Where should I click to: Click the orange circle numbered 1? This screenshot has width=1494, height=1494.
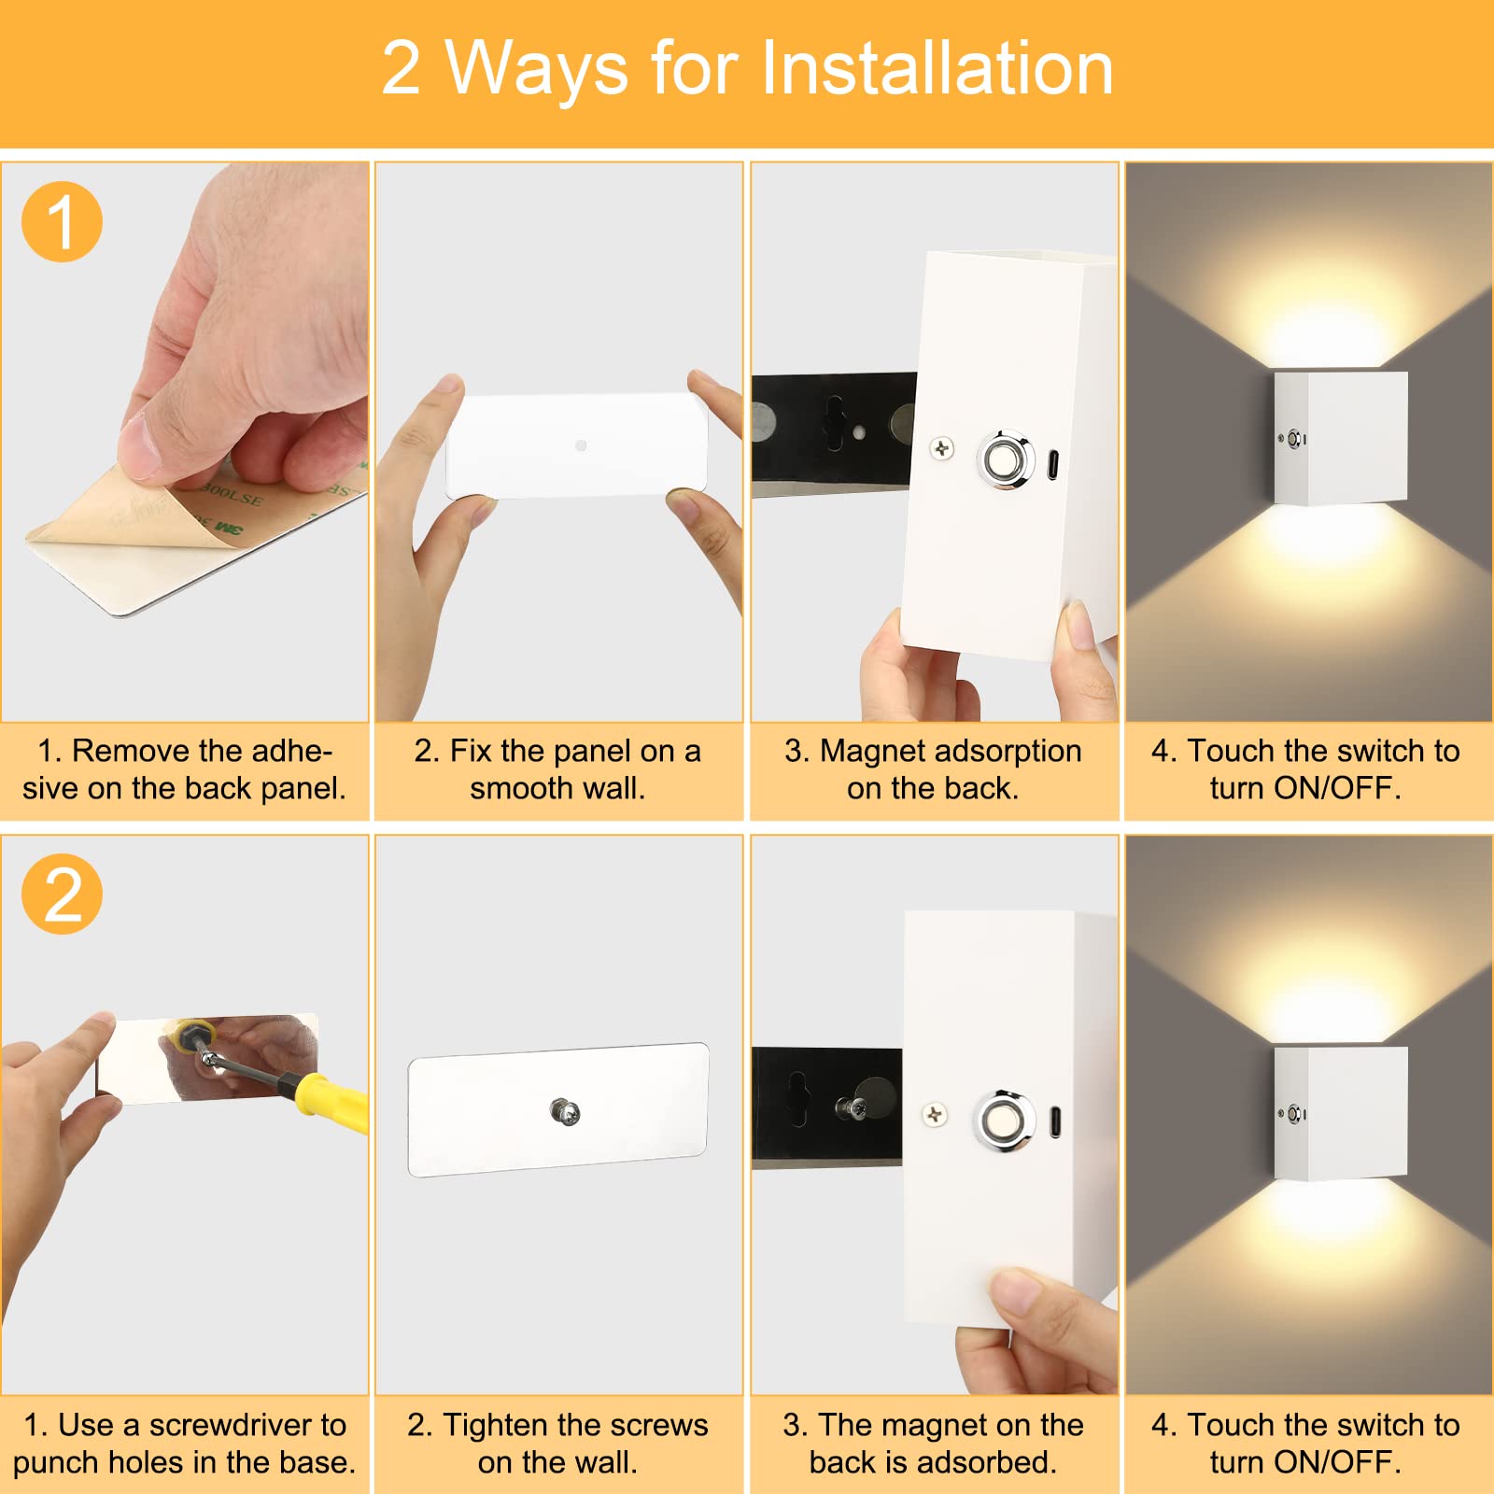62,221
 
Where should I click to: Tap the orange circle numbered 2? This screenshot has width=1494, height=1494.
62,894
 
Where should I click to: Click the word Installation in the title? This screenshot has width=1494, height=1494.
937,68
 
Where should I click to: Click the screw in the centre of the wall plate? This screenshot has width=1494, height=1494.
565,1112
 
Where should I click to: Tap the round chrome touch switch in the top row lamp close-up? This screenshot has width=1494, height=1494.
1006,459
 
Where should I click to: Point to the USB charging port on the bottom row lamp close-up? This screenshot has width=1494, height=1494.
1055,1121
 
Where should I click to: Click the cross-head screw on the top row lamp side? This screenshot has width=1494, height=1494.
941,449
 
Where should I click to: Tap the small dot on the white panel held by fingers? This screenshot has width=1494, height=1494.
581,446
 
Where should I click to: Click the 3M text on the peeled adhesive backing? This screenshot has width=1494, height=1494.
230,529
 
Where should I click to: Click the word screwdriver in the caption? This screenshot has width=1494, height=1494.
247,1425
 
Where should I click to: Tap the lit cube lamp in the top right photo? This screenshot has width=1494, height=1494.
1341,438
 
